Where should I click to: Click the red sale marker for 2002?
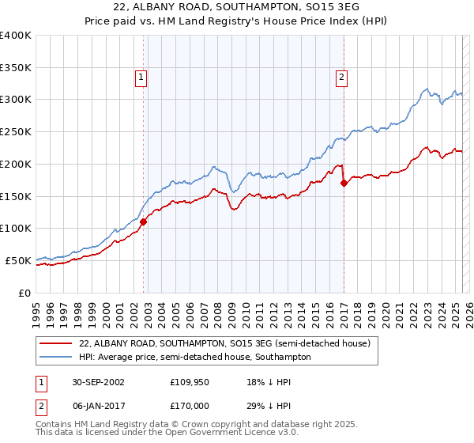144,222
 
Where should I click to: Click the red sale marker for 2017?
344,184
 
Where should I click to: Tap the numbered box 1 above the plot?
140,78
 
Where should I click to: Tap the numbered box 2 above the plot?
341,78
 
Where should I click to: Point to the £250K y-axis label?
16,132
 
